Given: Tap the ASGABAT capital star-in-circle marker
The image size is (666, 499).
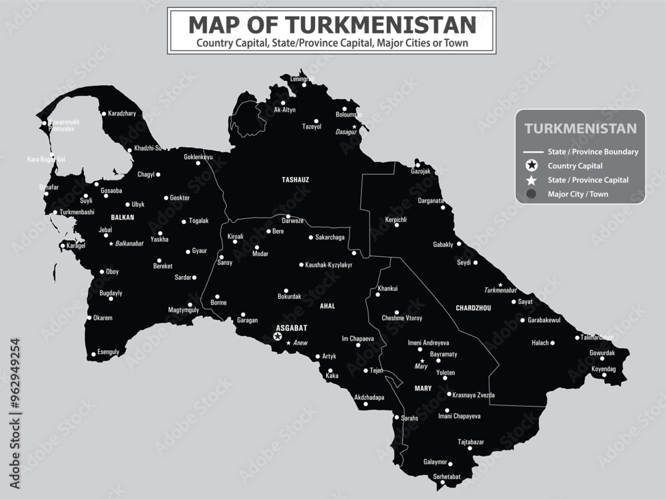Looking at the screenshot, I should (x=278, y=337).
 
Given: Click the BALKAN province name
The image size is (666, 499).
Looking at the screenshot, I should (x=123, y=217).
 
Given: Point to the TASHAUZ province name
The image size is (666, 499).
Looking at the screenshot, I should (x=295, y=180).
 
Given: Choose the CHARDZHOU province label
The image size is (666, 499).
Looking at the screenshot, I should (x=474, y=308).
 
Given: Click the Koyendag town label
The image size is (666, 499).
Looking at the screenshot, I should (x=604, y=369).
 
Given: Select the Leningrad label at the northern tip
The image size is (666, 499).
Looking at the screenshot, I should (x=302, y=79).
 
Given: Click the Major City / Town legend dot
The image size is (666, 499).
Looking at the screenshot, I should (x=531, y=194).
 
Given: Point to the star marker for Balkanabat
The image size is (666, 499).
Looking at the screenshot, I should (x=111, y=244).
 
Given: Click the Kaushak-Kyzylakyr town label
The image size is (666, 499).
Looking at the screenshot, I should (x=328, y=265).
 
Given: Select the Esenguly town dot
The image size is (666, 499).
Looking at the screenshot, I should (x=93, y=353).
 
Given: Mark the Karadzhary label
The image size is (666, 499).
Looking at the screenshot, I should (x=122, y=114).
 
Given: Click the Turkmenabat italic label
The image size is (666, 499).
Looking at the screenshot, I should (x=500, y=290).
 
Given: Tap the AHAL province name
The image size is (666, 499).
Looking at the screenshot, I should (x=327, y=306).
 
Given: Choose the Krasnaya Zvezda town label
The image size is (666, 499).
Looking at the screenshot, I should (x=474, y=395).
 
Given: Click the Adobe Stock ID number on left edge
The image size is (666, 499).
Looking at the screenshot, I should (x=15, y=393).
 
